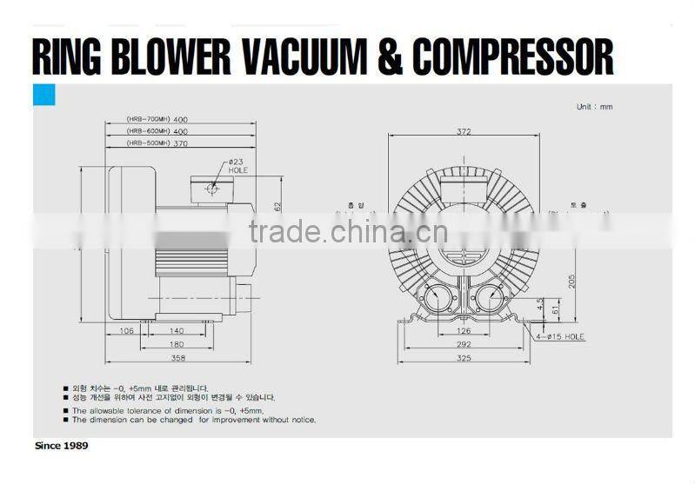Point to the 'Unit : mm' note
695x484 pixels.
pyautogui.click(x=594, y=106)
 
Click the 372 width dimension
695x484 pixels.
pyautogui.click(x=463, y=132)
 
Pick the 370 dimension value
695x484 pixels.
pyautogui.click(x=180, y=143)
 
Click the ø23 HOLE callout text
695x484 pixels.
pyautogui.click(x=237, y=166)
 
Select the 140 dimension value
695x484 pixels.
pyautogui.click(x=177, y=331)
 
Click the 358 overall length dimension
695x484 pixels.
pyautogui.click(x=179, y=357)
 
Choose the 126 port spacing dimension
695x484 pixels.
pyautogui.click(x=464, y=330)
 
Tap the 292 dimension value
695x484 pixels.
pyautogui.click(x=464, y=344)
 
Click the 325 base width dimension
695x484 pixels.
pyautogui.click(x=464, y=357)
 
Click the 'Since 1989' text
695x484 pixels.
pyautogui.click(x=61, y=445)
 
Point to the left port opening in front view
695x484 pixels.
pyautogui.click(x=437, y=300)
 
